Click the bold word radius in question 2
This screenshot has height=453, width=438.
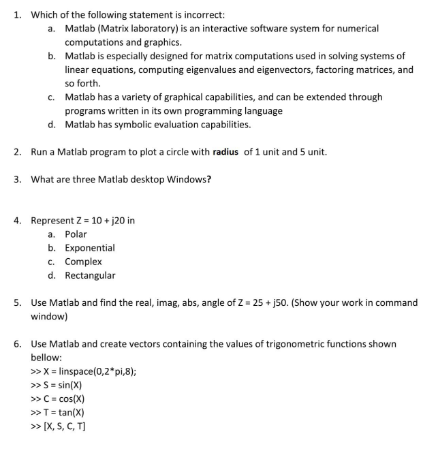point(221,151)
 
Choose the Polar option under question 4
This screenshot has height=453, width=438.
point(76,234)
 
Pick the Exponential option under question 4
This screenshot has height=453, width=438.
point(90,248)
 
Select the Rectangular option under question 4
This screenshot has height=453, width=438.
point(90,275)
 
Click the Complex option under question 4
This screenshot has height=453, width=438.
point(83,262)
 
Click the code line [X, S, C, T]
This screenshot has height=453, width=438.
point(66,426)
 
